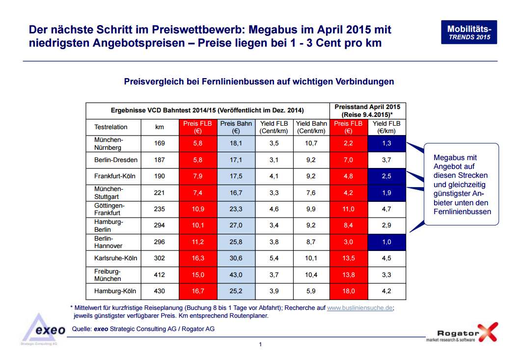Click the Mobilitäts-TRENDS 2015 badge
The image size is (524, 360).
tap(469, 32)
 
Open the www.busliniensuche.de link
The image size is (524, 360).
tap(359, 308)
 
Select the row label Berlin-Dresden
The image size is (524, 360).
tap(115, 160)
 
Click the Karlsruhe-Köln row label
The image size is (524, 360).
tap(115, 258)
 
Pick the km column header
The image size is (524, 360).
tap(160, 127)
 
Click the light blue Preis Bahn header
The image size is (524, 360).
tap(236, 127)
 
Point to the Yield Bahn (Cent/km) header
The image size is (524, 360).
tap(311, 127)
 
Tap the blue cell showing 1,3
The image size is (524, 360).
tap(386, 143)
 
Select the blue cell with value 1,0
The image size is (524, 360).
tap(386, 242)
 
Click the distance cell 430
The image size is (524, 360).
tap(160, 291)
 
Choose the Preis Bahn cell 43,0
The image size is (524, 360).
tap(236, 275)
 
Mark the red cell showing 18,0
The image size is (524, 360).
tap(349, 291)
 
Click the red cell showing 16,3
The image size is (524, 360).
tap(198, 258)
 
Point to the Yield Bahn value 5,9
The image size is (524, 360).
tap(311, 291)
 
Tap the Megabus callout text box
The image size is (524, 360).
tap(461, 184)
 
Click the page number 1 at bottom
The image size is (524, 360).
tap(260, 344)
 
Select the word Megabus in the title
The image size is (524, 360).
tap(273, 30)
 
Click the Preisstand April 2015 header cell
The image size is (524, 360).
tap(368, 111)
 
